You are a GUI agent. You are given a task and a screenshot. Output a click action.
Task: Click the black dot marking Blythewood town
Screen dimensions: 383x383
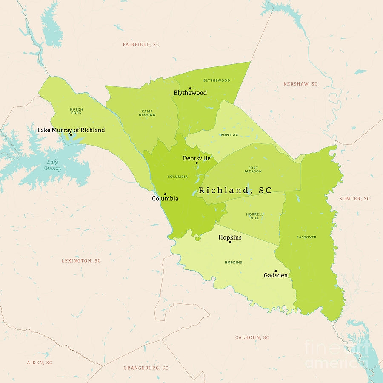coord(190,89)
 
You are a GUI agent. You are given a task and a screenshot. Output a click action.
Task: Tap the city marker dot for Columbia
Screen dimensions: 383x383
coord(165,194)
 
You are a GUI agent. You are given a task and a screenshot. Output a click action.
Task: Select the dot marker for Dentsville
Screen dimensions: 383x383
coord(197,163)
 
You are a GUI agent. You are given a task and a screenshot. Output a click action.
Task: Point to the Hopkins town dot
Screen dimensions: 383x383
coord(230,242)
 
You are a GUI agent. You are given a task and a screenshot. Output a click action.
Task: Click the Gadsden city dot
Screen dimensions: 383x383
coord(275,271)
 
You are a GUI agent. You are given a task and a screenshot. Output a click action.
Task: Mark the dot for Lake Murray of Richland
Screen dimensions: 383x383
coord(71,134)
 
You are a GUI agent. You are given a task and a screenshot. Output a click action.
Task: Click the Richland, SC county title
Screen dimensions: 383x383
coord(235,190)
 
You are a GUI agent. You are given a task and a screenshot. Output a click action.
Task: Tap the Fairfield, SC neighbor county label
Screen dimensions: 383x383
coord(141,44)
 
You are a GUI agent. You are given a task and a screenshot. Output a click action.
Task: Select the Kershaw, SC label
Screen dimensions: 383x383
coord(300,84)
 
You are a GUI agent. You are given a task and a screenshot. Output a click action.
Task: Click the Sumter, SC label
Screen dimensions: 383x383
coord(354,199)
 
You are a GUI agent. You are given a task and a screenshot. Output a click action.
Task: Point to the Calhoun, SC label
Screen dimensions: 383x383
coord(252,337)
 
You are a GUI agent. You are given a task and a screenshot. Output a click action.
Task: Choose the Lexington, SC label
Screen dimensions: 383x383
coord(81,260)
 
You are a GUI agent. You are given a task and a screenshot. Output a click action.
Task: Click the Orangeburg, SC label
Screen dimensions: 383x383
coord(146,368)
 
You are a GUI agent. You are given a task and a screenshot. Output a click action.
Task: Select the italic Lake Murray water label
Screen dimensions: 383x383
coord(53,165)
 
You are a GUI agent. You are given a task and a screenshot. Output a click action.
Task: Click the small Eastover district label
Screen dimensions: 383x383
coord(307,237)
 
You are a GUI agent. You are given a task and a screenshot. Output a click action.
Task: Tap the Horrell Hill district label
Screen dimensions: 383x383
coord(254,216)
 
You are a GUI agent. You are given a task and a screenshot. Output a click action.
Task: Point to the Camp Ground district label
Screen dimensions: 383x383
coord(147,113)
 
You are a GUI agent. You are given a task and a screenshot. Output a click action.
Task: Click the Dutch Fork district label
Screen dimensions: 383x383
coord(76,111)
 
